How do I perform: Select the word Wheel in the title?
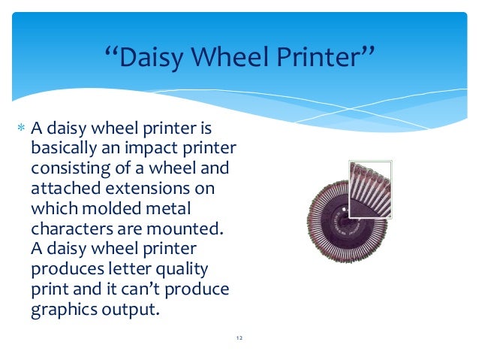tap(239, 58)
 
